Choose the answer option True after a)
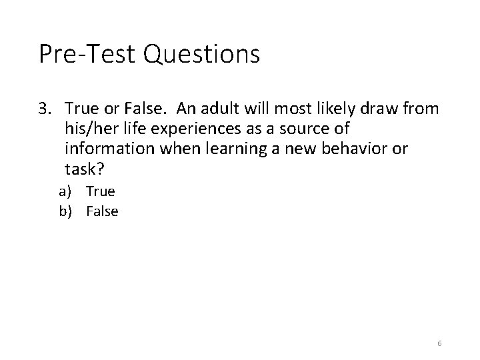101,191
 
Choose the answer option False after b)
102,211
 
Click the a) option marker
65,192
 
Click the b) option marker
65,211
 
